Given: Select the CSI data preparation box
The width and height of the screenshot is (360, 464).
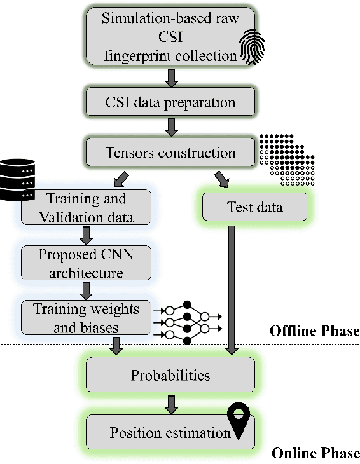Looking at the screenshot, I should tap(170, 102).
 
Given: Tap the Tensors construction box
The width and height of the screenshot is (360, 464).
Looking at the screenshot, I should tap(170, 153).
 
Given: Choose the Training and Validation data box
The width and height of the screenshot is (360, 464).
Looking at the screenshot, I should tap(86, 208).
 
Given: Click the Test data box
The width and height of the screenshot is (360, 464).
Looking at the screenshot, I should tap(254, 208).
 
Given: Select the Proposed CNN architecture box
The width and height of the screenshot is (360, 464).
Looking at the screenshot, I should tap(86, 264).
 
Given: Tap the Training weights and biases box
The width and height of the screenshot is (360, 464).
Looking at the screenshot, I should tap(86, 318).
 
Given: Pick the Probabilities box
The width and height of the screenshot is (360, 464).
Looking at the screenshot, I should tap(170, 375).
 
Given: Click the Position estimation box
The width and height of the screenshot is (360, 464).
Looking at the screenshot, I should tap(170, 433).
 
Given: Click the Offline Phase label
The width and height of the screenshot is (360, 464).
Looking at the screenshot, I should tap(314, 331).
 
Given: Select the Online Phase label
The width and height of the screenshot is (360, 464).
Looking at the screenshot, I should tap(315, 453).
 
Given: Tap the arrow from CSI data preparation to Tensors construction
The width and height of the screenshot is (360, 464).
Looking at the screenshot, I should tap(170, 128).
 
